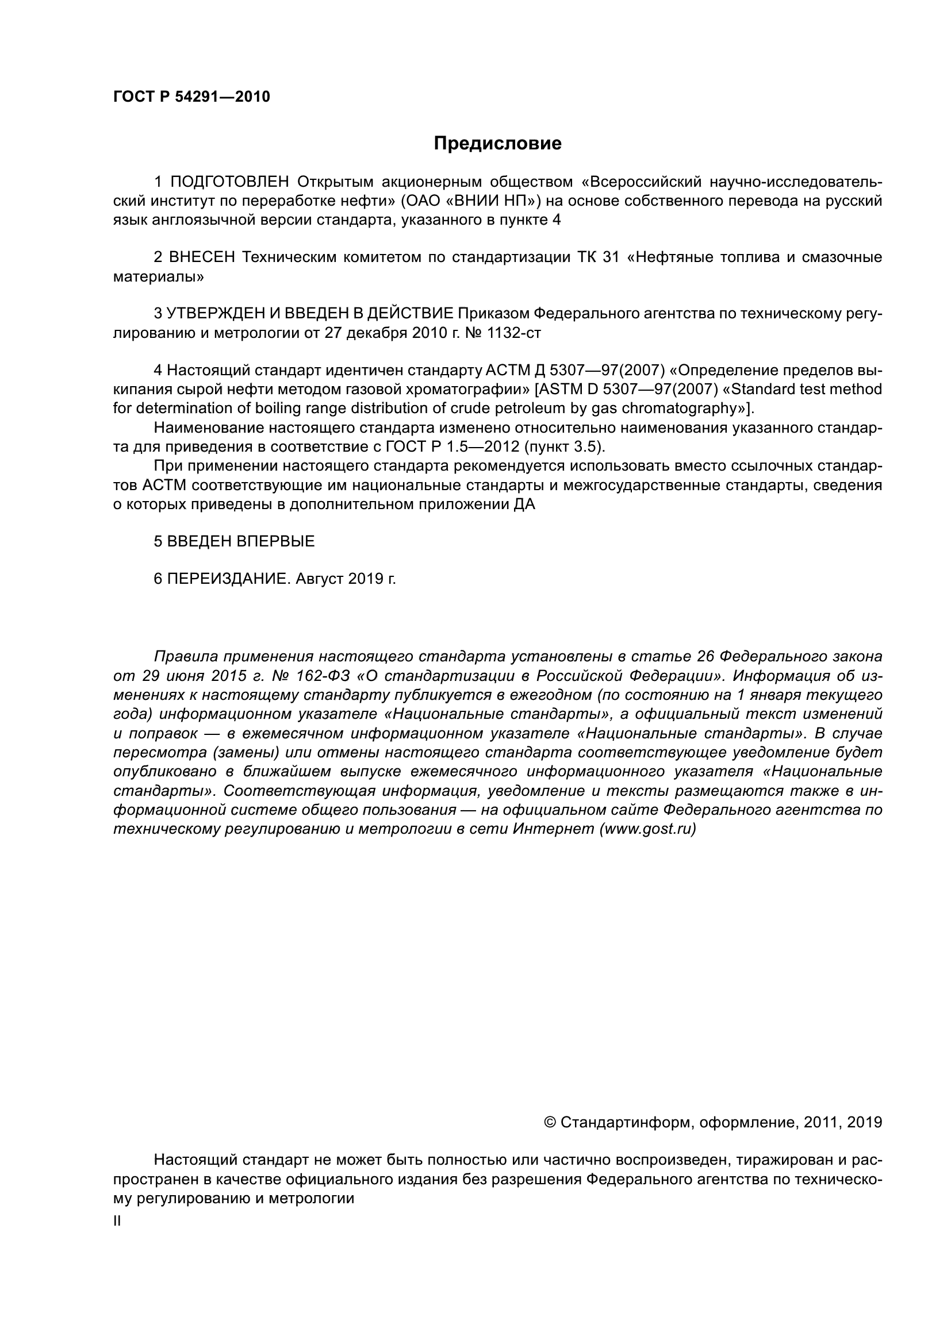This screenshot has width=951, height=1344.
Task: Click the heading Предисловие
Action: click(497, 144)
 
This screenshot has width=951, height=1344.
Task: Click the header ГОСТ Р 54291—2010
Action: click(191, 97)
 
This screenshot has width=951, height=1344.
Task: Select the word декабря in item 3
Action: click(377, 333)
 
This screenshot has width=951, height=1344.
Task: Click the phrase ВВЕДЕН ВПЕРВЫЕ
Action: click(241, 541)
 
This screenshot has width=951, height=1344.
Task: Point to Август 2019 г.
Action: click(346, 579)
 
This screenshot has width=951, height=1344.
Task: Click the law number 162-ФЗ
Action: click(323, 676)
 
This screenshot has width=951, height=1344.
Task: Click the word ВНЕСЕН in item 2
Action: click(201, 257)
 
